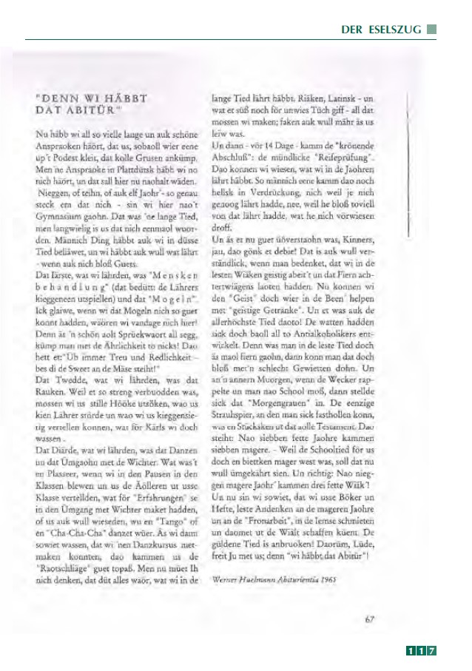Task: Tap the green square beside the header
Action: (432, 30)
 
